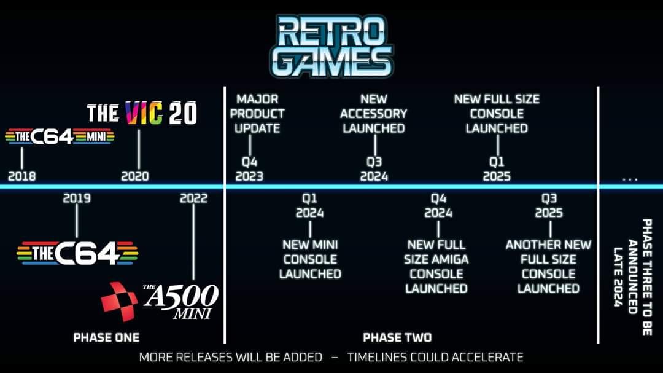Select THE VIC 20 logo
142,114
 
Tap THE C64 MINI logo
60,136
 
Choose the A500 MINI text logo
180,300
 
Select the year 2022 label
193,198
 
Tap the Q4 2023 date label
249,169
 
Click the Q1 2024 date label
309,206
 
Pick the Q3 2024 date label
374,169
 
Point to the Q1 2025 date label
497,169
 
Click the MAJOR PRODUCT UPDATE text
257,114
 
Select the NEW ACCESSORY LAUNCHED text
374,114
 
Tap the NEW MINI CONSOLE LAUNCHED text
310,259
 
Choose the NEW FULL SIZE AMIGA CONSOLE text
436,266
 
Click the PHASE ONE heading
106,337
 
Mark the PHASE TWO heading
397,337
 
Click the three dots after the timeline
630,179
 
